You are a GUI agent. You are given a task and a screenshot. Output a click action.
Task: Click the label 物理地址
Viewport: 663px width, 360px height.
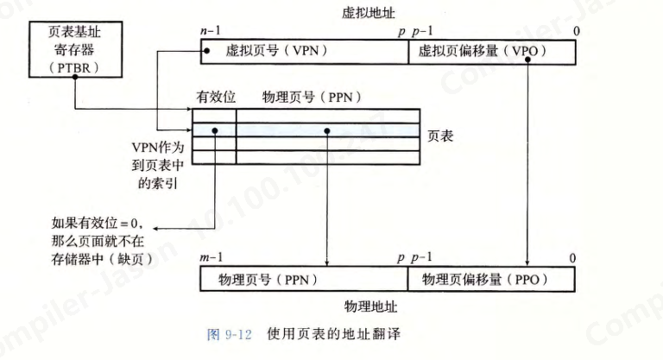point(371,306)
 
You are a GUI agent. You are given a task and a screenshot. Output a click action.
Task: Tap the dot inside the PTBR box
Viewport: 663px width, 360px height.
point(74,77)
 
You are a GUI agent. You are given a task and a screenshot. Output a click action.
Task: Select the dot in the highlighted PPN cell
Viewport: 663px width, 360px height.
point(328,130)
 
